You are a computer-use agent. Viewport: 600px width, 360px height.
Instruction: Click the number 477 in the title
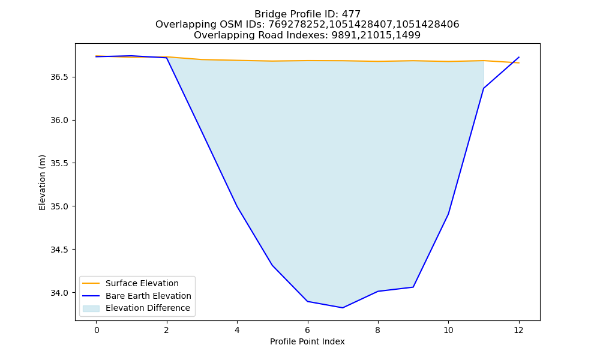click(x=352, y=14)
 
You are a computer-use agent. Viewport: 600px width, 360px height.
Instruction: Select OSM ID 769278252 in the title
click(x=297, y=25)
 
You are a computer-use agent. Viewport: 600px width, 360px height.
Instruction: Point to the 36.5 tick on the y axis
click(x=59, y=77)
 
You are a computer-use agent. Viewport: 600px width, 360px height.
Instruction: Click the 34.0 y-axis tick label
click(x=59, y=293)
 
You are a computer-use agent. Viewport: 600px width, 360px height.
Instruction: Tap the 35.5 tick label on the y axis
click(x=59, y=163)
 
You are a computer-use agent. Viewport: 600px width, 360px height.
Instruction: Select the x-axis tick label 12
click(x=518, y=330)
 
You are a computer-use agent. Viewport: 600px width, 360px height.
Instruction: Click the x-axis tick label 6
click(x=307, y=330)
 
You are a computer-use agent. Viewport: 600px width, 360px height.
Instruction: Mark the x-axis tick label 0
click(x=97, y=330)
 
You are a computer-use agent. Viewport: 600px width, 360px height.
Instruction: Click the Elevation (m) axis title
click(x=42, y=182)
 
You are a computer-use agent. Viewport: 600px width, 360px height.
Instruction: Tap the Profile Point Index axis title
click(x=307, y=341)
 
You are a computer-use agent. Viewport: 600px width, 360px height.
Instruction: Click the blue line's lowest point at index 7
click(x=343, y=308)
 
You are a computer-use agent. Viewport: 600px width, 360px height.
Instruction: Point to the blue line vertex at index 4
click(x=237, y=206)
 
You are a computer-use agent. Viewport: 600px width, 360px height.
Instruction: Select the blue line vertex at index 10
click(x=448, y=214)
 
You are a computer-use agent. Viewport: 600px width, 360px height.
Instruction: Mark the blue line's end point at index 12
click(x=519, y=57)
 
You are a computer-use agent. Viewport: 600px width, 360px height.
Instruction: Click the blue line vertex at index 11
click(x=484, y=88)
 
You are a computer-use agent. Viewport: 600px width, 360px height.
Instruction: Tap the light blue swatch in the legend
click(x=91, y=308)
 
